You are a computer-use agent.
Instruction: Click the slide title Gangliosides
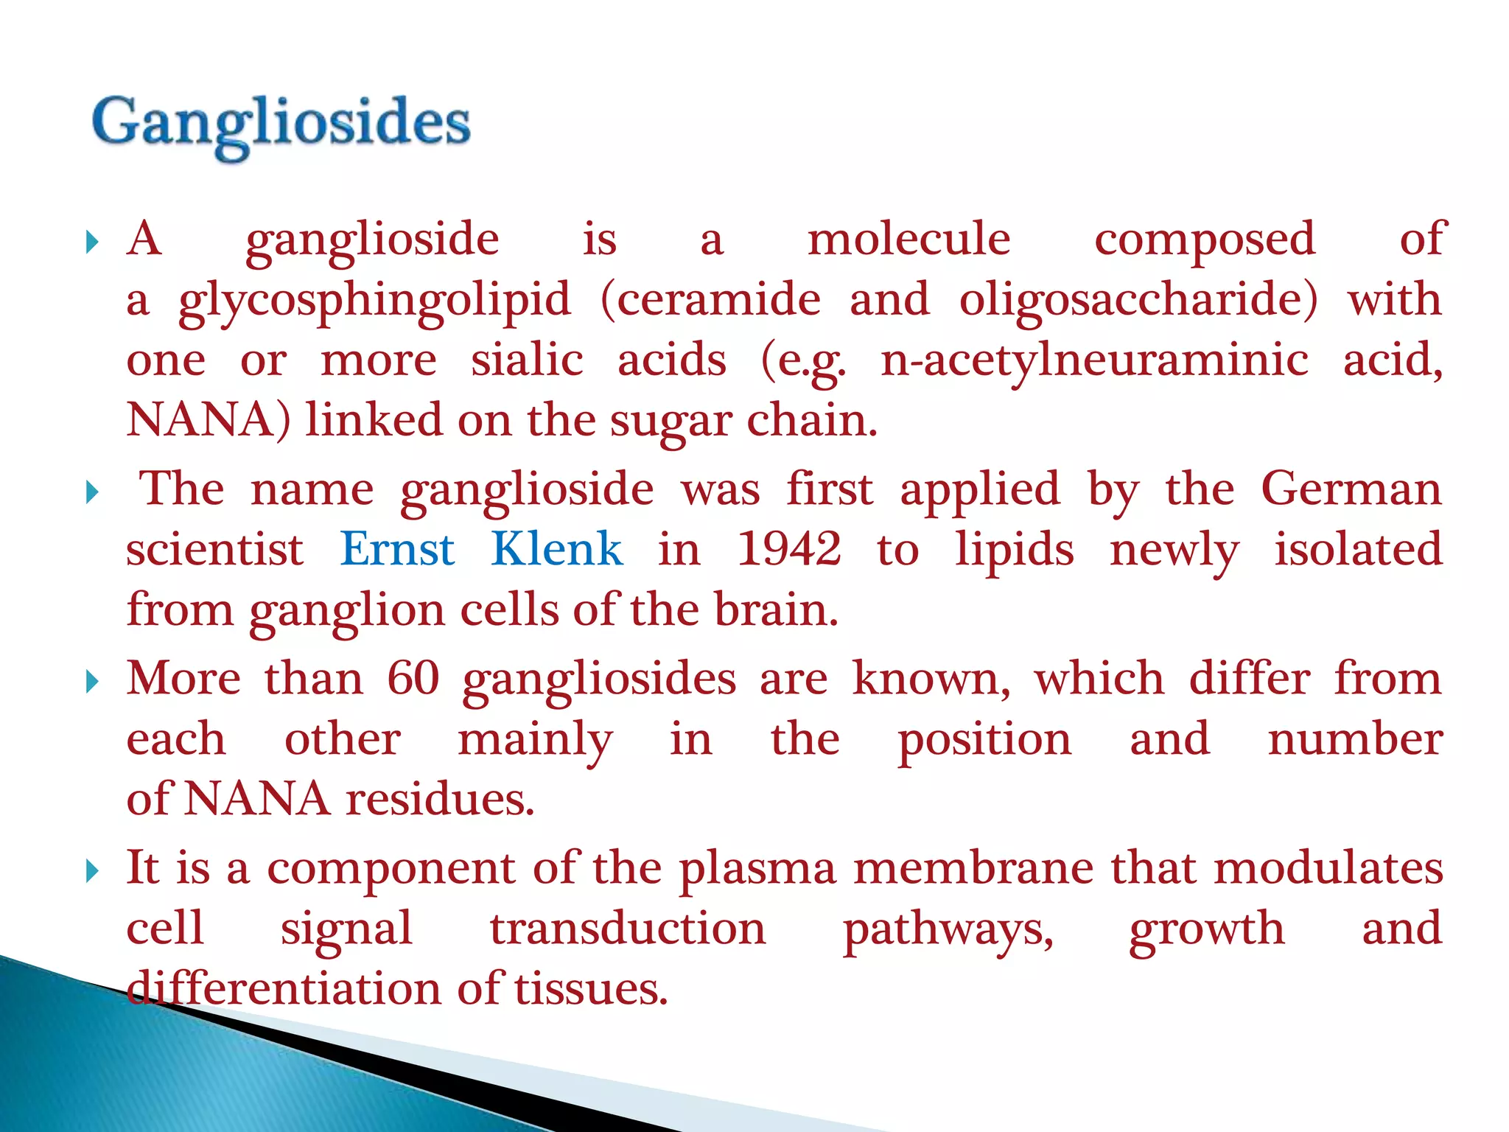(x=281, y=123)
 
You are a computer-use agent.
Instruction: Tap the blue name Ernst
(x=397, y=549)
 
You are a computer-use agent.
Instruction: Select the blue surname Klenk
(x=557, y=549)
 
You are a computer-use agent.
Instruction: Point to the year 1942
(x=789, y=549)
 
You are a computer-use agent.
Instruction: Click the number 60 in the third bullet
(x=413, y=678)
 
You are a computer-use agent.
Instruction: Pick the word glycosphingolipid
(x=374, y=301)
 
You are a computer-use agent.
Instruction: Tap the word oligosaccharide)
(x=1138, y=301)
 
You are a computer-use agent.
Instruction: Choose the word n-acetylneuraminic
(x=1095, y=361)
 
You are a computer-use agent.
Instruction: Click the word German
(x=1351, y=489)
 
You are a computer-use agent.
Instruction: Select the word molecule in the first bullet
(x=909, y=239)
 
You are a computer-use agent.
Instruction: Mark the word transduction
(x=628, y=928)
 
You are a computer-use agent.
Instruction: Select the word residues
(x=440, y=799)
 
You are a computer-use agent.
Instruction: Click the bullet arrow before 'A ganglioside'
(x=92, y=242)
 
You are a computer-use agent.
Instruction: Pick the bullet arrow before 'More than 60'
(x=92, y=681)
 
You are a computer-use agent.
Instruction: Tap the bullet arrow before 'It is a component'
(x=92, y=871)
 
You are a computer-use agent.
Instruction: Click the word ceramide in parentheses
(x=711, y=301)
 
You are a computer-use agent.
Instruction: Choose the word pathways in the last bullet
(x=948, y=929)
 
